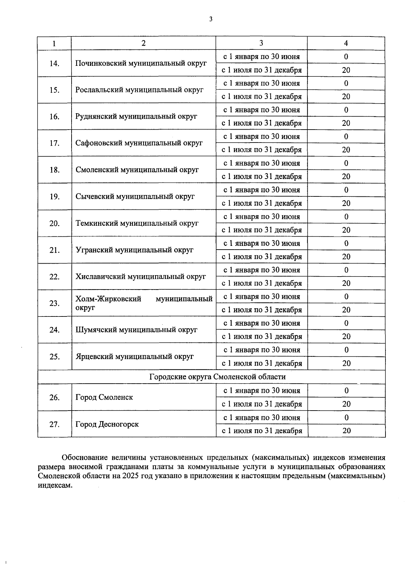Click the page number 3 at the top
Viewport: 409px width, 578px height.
pos(211,19)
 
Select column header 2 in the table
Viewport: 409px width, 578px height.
pos(143,43)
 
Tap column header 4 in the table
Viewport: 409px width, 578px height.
pos(346,43)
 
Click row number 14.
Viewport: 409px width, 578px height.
pos(55,63)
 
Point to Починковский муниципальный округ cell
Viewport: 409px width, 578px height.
pos(141,63)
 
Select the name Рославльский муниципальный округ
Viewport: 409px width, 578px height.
pos(139,90)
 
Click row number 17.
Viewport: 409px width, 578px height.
pos(55,143)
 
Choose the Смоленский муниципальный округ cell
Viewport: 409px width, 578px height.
pos(137,170)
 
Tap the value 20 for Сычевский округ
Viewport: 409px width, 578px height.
pos(346,203)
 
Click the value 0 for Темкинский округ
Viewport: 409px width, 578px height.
pos(346,217)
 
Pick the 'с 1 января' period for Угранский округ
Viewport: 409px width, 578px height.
pos(261,243)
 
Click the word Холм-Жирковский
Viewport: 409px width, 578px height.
pos(108,299)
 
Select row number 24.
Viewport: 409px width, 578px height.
pos(55,330)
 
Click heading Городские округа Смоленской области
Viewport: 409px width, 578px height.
pos(217,377)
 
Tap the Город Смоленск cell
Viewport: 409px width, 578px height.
pos(104,397)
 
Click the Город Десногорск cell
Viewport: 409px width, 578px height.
pos(107,425)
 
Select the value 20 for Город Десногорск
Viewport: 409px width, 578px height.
pos(346,431)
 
